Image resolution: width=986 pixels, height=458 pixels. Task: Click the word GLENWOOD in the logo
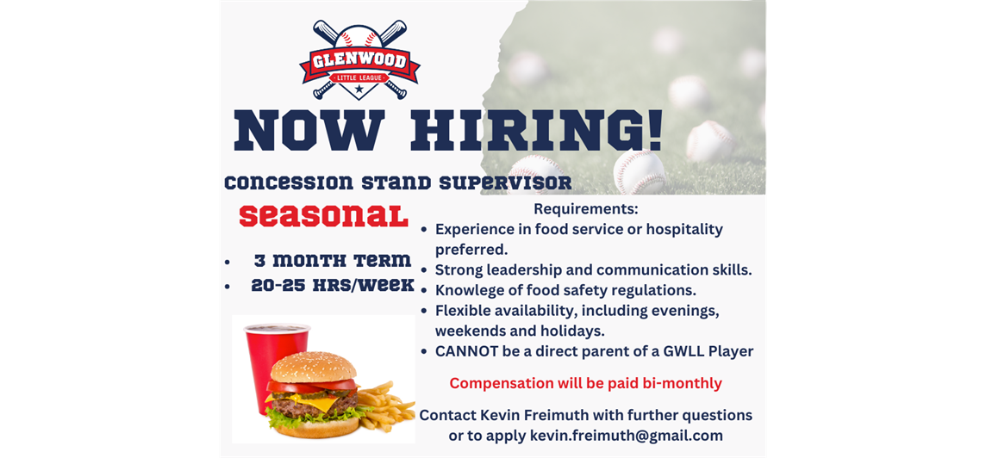[359, 62]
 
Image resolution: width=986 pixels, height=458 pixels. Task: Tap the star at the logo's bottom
[359, 90]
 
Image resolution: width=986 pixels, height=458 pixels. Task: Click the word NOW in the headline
[309, 131]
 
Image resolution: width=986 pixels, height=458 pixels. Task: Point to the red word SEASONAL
[323, 215]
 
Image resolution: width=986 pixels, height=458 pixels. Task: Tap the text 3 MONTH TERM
[333, 260]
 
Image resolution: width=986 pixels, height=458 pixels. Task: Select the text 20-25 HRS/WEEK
[333, 285]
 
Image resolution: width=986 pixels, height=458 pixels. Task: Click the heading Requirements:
[586, 208]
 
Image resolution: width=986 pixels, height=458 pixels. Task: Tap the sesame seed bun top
[313, 368]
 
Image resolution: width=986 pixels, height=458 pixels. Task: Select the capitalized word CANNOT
[463, 351]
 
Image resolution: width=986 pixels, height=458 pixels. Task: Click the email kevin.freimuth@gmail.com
[627, 436]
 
